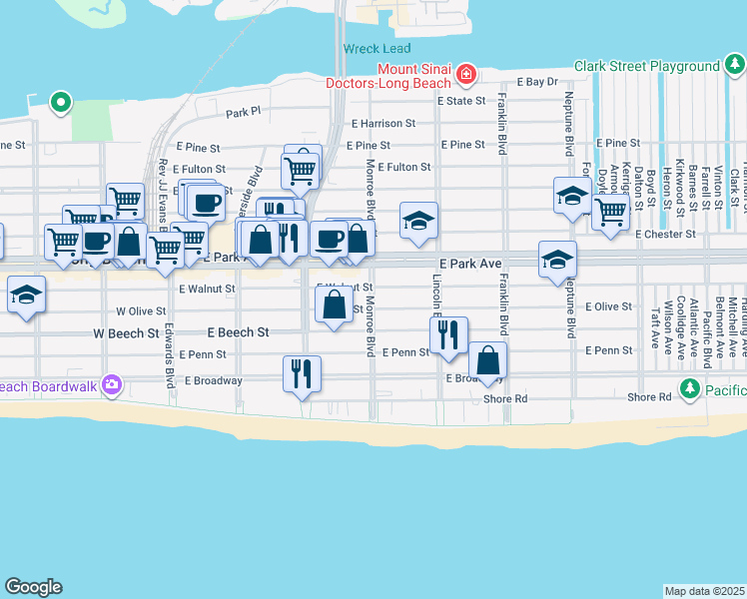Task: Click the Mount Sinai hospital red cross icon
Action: tap(464, 74)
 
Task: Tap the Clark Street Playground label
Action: tap(646, 67)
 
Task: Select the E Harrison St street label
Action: tap(382, 124)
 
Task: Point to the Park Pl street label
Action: tap(243, 113)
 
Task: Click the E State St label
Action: tap(459, 101)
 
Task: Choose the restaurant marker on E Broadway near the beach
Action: tap(302, 374)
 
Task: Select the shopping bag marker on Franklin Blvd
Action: tap(487, 360)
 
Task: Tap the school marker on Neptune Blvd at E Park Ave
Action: tap(557, 260)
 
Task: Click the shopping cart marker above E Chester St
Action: tap(609, 212)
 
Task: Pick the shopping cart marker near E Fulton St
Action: tap(300, 170)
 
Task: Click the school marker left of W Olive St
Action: tap(25, 295)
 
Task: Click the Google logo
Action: tap(33, 587)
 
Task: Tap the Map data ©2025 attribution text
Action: tap(704, 591)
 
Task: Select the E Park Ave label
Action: tap(469, 263)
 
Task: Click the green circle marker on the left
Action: tap(61, 101)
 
